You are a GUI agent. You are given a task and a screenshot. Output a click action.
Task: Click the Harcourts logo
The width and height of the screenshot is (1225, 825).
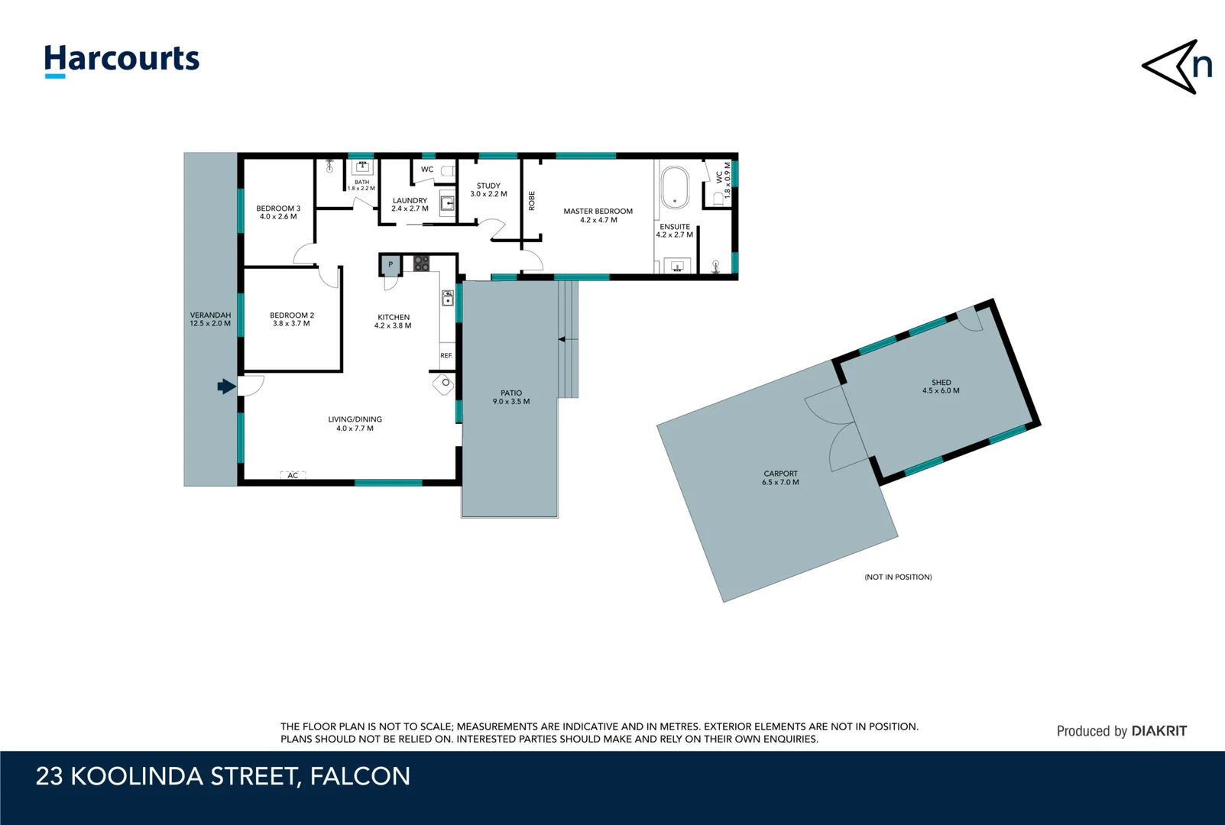tap(122, 60)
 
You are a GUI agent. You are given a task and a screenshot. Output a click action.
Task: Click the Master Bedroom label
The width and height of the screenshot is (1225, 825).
tap(598, 212)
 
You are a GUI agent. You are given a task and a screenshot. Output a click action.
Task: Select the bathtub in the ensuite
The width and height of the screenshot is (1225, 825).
tap(675, 187)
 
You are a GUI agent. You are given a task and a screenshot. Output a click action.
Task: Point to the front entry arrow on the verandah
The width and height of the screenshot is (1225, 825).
tap(226, 387)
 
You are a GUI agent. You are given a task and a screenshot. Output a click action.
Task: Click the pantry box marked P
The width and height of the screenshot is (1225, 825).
tap(391, 265)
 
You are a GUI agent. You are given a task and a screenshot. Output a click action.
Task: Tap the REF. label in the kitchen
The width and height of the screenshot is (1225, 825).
tap(446, 356)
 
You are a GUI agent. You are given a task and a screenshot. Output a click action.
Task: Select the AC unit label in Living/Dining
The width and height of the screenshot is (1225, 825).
tap(293, 475)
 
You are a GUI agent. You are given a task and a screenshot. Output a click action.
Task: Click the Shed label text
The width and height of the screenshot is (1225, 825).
tap(941, 383)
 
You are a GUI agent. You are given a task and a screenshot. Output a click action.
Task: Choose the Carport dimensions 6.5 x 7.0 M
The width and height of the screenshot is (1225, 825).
tap(780, 483)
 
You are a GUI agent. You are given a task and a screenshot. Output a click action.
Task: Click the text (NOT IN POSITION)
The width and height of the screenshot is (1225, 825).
tap(898, 577)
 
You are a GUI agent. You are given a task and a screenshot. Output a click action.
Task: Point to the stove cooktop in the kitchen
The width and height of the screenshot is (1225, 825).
tap(421, 264)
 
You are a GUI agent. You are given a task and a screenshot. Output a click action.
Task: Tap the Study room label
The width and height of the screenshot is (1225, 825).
tap(488, 186)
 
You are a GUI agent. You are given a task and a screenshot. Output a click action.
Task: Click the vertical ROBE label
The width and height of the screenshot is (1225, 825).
tap(532, 200)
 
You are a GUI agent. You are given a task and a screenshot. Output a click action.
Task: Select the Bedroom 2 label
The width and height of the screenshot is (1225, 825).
tap(291, 315)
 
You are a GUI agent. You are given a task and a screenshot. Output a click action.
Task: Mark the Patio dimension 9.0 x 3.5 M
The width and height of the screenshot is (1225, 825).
tap(511, 402)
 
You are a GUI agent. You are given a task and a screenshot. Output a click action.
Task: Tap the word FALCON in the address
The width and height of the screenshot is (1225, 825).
tap(360, 776)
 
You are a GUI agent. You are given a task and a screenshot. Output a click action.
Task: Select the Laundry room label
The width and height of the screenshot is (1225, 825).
tap(410, 200)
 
